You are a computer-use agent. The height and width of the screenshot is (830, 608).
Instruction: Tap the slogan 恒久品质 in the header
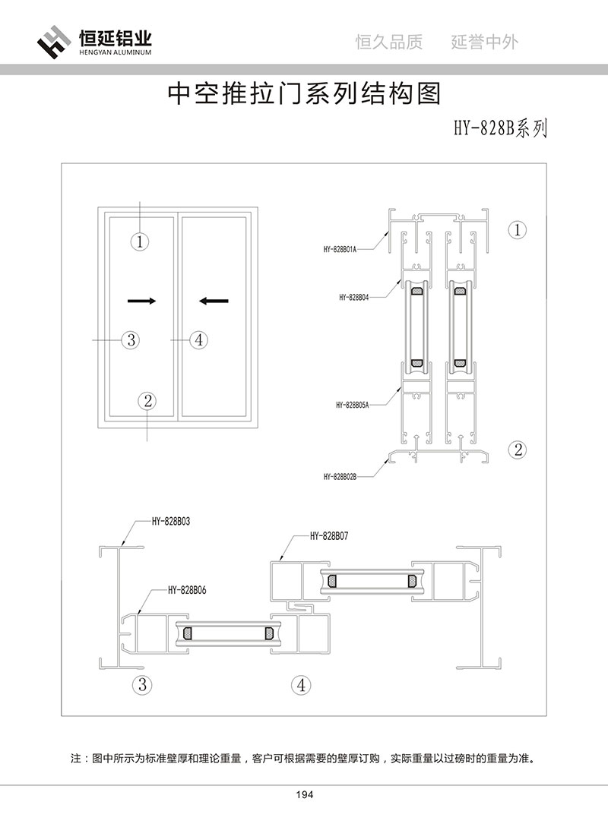tap(389, 42)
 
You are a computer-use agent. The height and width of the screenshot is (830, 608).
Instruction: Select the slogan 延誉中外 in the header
tap(485, 42)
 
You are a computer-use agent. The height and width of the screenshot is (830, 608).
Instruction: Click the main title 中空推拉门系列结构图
tap(303, 94)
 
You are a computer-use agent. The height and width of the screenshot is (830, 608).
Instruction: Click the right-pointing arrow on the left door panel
tap(142, 301)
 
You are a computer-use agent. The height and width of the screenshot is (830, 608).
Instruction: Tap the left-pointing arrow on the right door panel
tap(214, 301)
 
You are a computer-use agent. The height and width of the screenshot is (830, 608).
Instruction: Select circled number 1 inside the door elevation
tap(141, 242)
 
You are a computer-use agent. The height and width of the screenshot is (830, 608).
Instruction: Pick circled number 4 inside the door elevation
tap(198, 339)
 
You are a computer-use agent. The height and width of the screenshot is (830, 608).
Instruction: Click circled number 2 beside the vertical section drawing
tap(518, 449)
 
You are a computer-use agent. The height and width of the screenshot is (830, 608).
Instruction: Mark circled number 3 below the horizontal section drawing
tap(141, 684)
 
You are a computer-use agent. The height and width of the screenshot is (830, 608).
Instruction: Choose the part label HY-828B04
tap(354, 298)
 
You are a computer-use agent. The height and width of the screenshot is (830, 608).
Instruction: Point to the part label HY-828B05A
tap(352, 406)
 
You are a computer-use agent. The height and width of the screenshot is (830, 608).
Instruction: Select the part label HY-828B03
tap(170, 522)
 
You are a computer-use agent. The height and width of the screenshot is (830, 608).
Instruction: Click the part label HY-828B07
tap(329, 536)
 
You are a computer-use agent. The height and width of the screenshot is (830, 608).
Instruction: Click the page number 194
tap(304, 795)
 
